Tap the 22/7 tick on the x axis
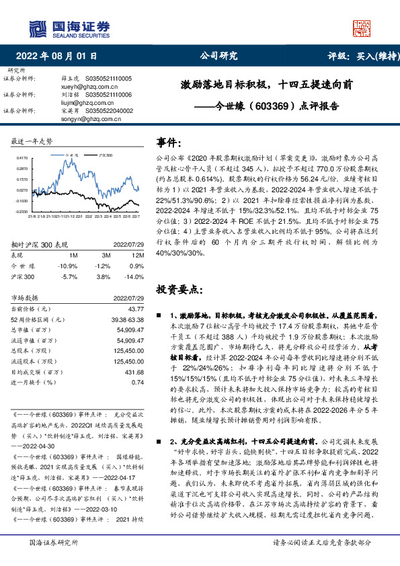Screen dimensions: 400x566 [x=136, y=216]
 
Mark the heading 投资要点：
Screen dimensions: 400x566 [x=178, y=289]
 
